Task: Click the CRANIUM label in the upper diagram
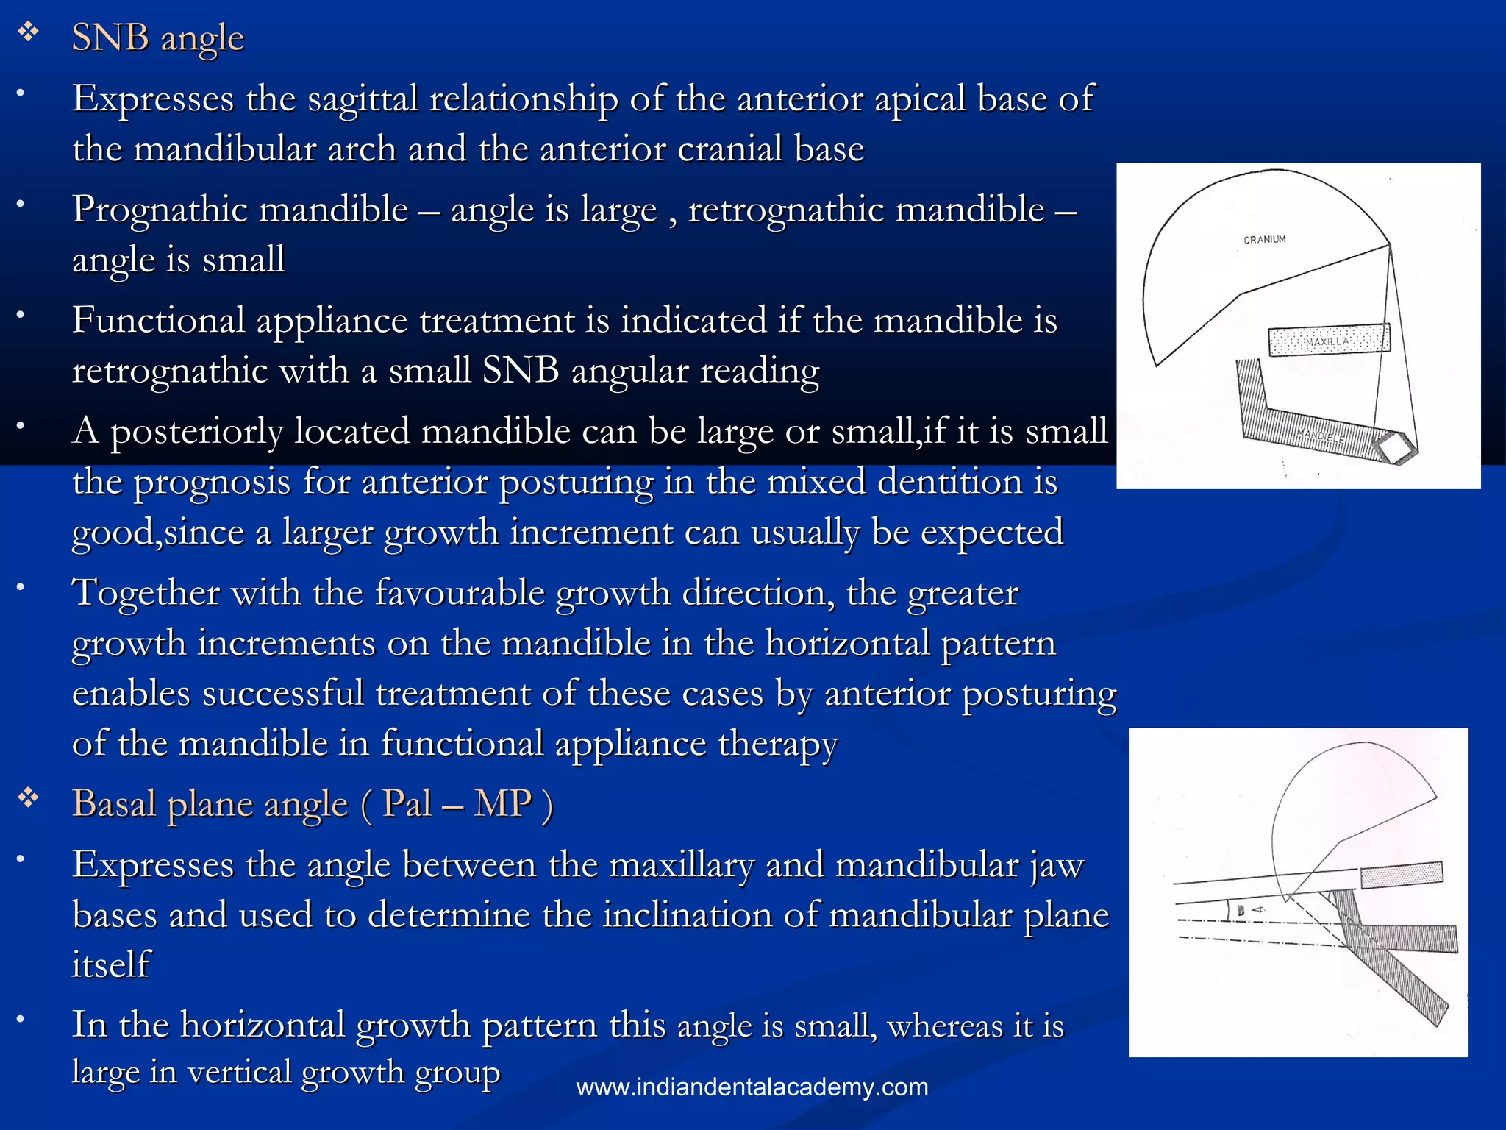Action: pyautogui.click(x=1264, y=240)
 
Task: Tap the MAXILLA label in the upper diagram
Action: pyautogui.click(x=1327, y=341)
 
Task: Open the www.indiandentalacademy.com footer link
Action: pyautogui.click(x=752, y=1087)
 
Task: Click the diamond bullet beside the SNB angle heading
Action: pyautogui.click(x=29, y=33)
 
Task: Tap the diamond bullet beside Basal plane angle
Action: pyautogui.click(x=29, y=798)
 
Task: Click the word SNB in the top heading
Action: pyautogui.click(x=110, y=38)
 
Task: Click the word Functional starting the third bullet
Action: pyautogui.click(x=158, y=321)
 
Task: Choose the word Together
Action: pyautogui.click(x=146, y=593)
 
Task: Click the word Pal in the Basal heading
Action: pyautogui.click(x=407, y=803)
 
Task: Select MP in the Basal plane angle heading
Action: pyautogui.click(x=502, y=803)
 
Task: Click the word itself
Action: pyautogui.click(x=111, y=964)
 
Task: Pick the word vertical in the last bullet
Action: pyautogui.click(x=238, y=1072)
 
